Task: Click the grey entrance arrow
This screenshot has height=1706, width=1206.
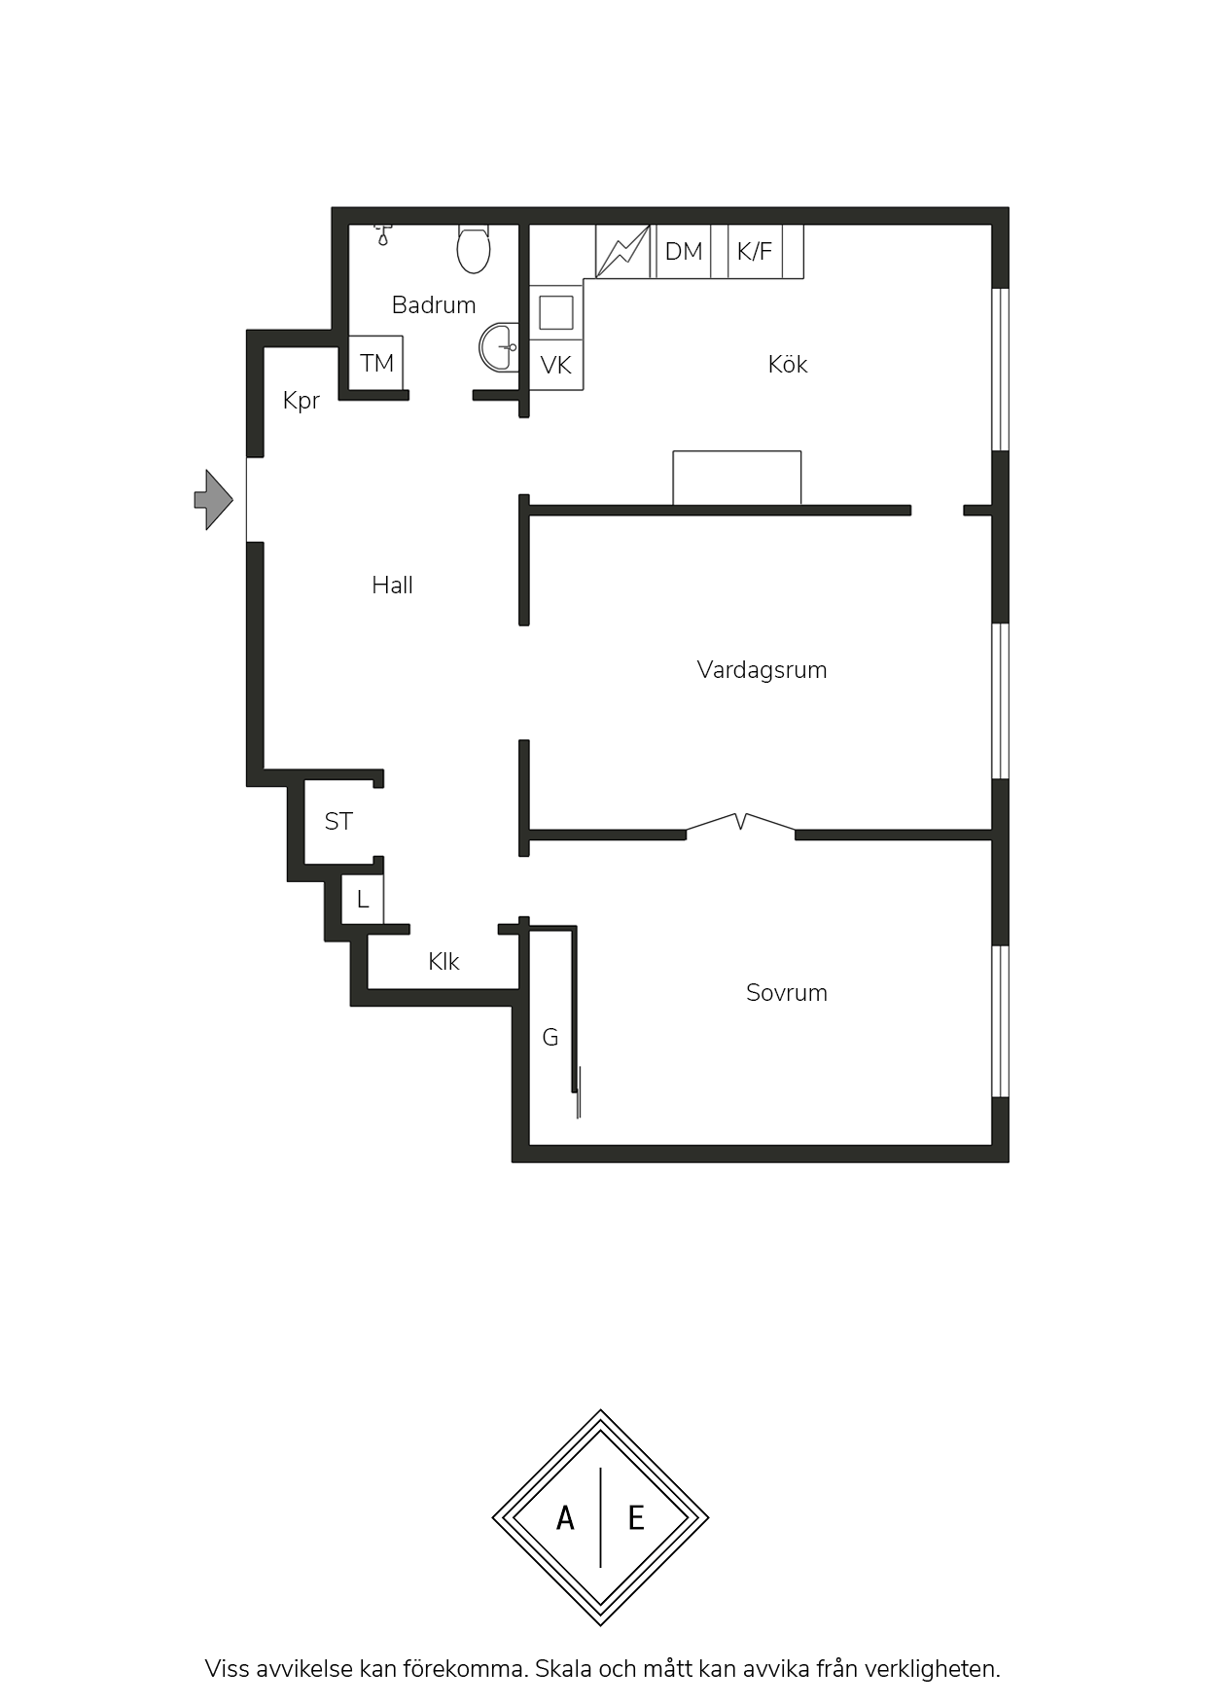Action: pyautogui.click(x=214, y=500)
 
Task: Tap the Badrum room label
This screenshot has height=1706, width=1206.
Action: pyautogui.click(x=434, y=305)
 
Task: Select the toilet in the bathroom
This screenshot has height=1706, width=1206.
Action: pyautogui.click(x=474, y=249)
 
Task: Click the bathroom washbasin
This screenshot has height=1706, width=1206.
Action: pyautogui.click(x=499, y=347)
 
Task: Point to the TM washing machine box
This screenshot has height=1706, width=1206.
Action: pyautogui.click(x=376, y=363)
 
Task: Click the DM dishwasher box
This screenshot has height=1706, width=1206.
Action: pyautogui.click(x=684, y=252)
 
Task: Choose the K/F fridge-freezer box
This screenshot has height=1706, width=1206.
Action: pyautogui.click(x=755, y=252)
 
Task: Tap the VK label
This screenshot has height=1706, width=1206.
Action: pyautogui.click(x=556, y=366)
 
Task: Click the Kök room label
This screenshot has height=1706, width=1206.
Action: pyautogui.click(x=788, y=364)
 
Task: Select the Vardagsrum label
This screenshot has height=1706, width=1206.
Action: pyautogui.click(x=763, y=670)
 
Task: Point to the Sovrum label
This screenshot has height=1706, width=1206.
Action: pyautogui.click(x=787, y=993)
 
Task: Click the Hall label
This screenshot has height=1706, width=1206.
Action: pyautogui.click(x=393, y=585)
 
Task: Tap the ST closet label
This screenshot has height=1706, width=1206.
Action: pyautogui.click(x=338, y=822)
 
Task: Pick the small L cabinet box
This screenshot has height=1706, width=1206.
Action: pyautogui.click(x=363, y=899)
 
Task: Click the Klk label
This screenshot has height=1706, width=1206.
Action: pyautogui.click(x=443, y=962)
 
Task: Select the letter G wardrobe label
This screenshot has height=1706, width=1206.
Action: pyautogui.click(x=550, y=1038)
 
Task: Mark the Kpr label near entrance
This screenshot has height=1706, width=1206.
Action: pyautogui.click(x=301, y=401)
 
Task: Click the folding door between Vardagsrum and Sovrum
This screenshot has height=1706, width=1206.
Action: pyautogui.click(x=741, y=824)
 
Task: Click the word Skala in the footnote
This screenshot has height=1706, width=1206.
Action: pyautogui.click(x=563, y=1669)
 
